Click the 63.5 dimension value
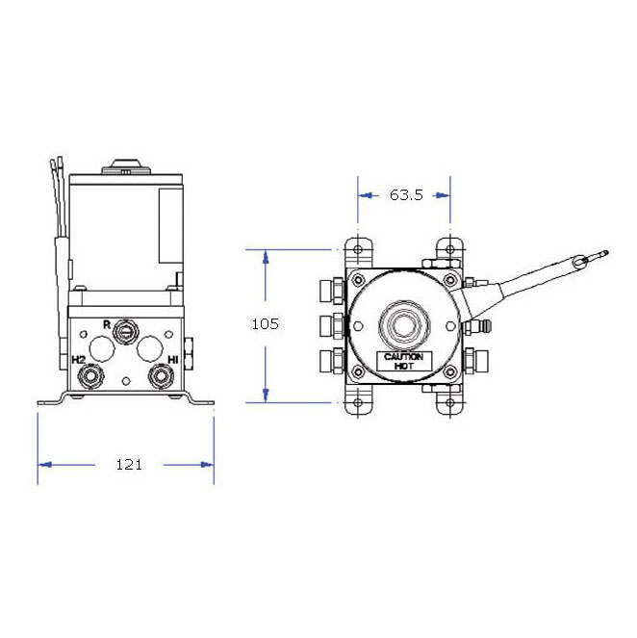(405, 195)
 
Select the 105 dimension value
(265, 324)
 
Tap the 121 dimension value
(128, 465)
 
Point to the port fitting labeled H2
(90, 375)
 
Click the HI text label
(173, 359)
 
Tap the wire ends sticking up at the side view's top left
(59, 169)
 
